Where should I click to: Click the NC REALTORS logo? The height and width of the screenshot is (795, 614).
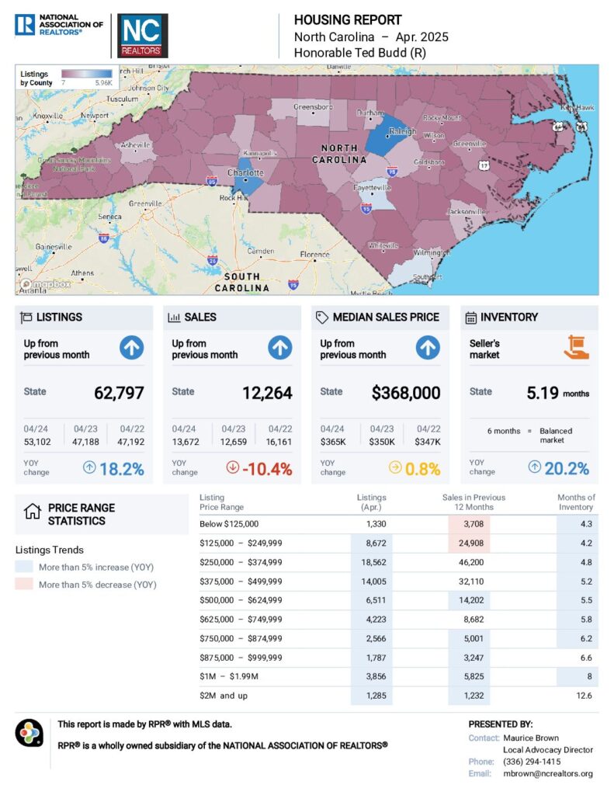pyautogui.click(x=142, y=36)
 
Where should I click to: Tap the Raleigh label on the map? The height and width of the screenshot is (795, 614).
pyautogui.click(x=403, y=131)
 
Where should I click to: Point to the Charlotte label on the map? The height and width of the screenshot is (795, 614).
pyautogui.click(x=245, y=172)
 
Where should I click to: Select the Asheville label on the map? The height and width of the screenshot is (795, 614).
pyautogui.click(x=135, y=145)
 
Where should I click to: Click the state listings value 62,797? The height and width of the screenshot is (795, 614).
pyautogui.click(x=119, y=393)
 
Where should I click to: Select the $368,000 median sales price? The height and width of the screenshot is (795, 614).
pyautogui.click(x=406, y=393)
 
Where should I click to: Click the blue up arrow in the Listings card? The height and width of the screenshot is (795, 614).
pyautogui.click(x=131, y=349)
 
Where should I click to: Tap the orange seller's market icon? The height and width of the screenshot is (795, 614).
pyautogui.click(x=576, y=348)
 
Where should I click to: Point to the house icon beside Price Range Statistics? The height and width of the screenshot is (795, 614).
pyautogui.click(x=32, y=512)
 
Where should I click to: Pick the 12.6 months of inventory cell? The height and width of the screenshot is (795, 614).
pyautogui.click(x=585, y=696)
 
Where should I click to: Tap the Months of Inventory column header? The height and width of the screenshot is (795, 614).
pyautogui.click(x=576, y=502)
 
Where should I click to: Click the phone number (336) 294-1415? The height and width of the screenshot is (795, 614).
pyautogui.click(x=532, y=762)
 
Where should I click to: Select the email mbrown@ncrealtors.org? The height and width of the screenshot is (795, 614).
pyautogui.click(x=547, y=773)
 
